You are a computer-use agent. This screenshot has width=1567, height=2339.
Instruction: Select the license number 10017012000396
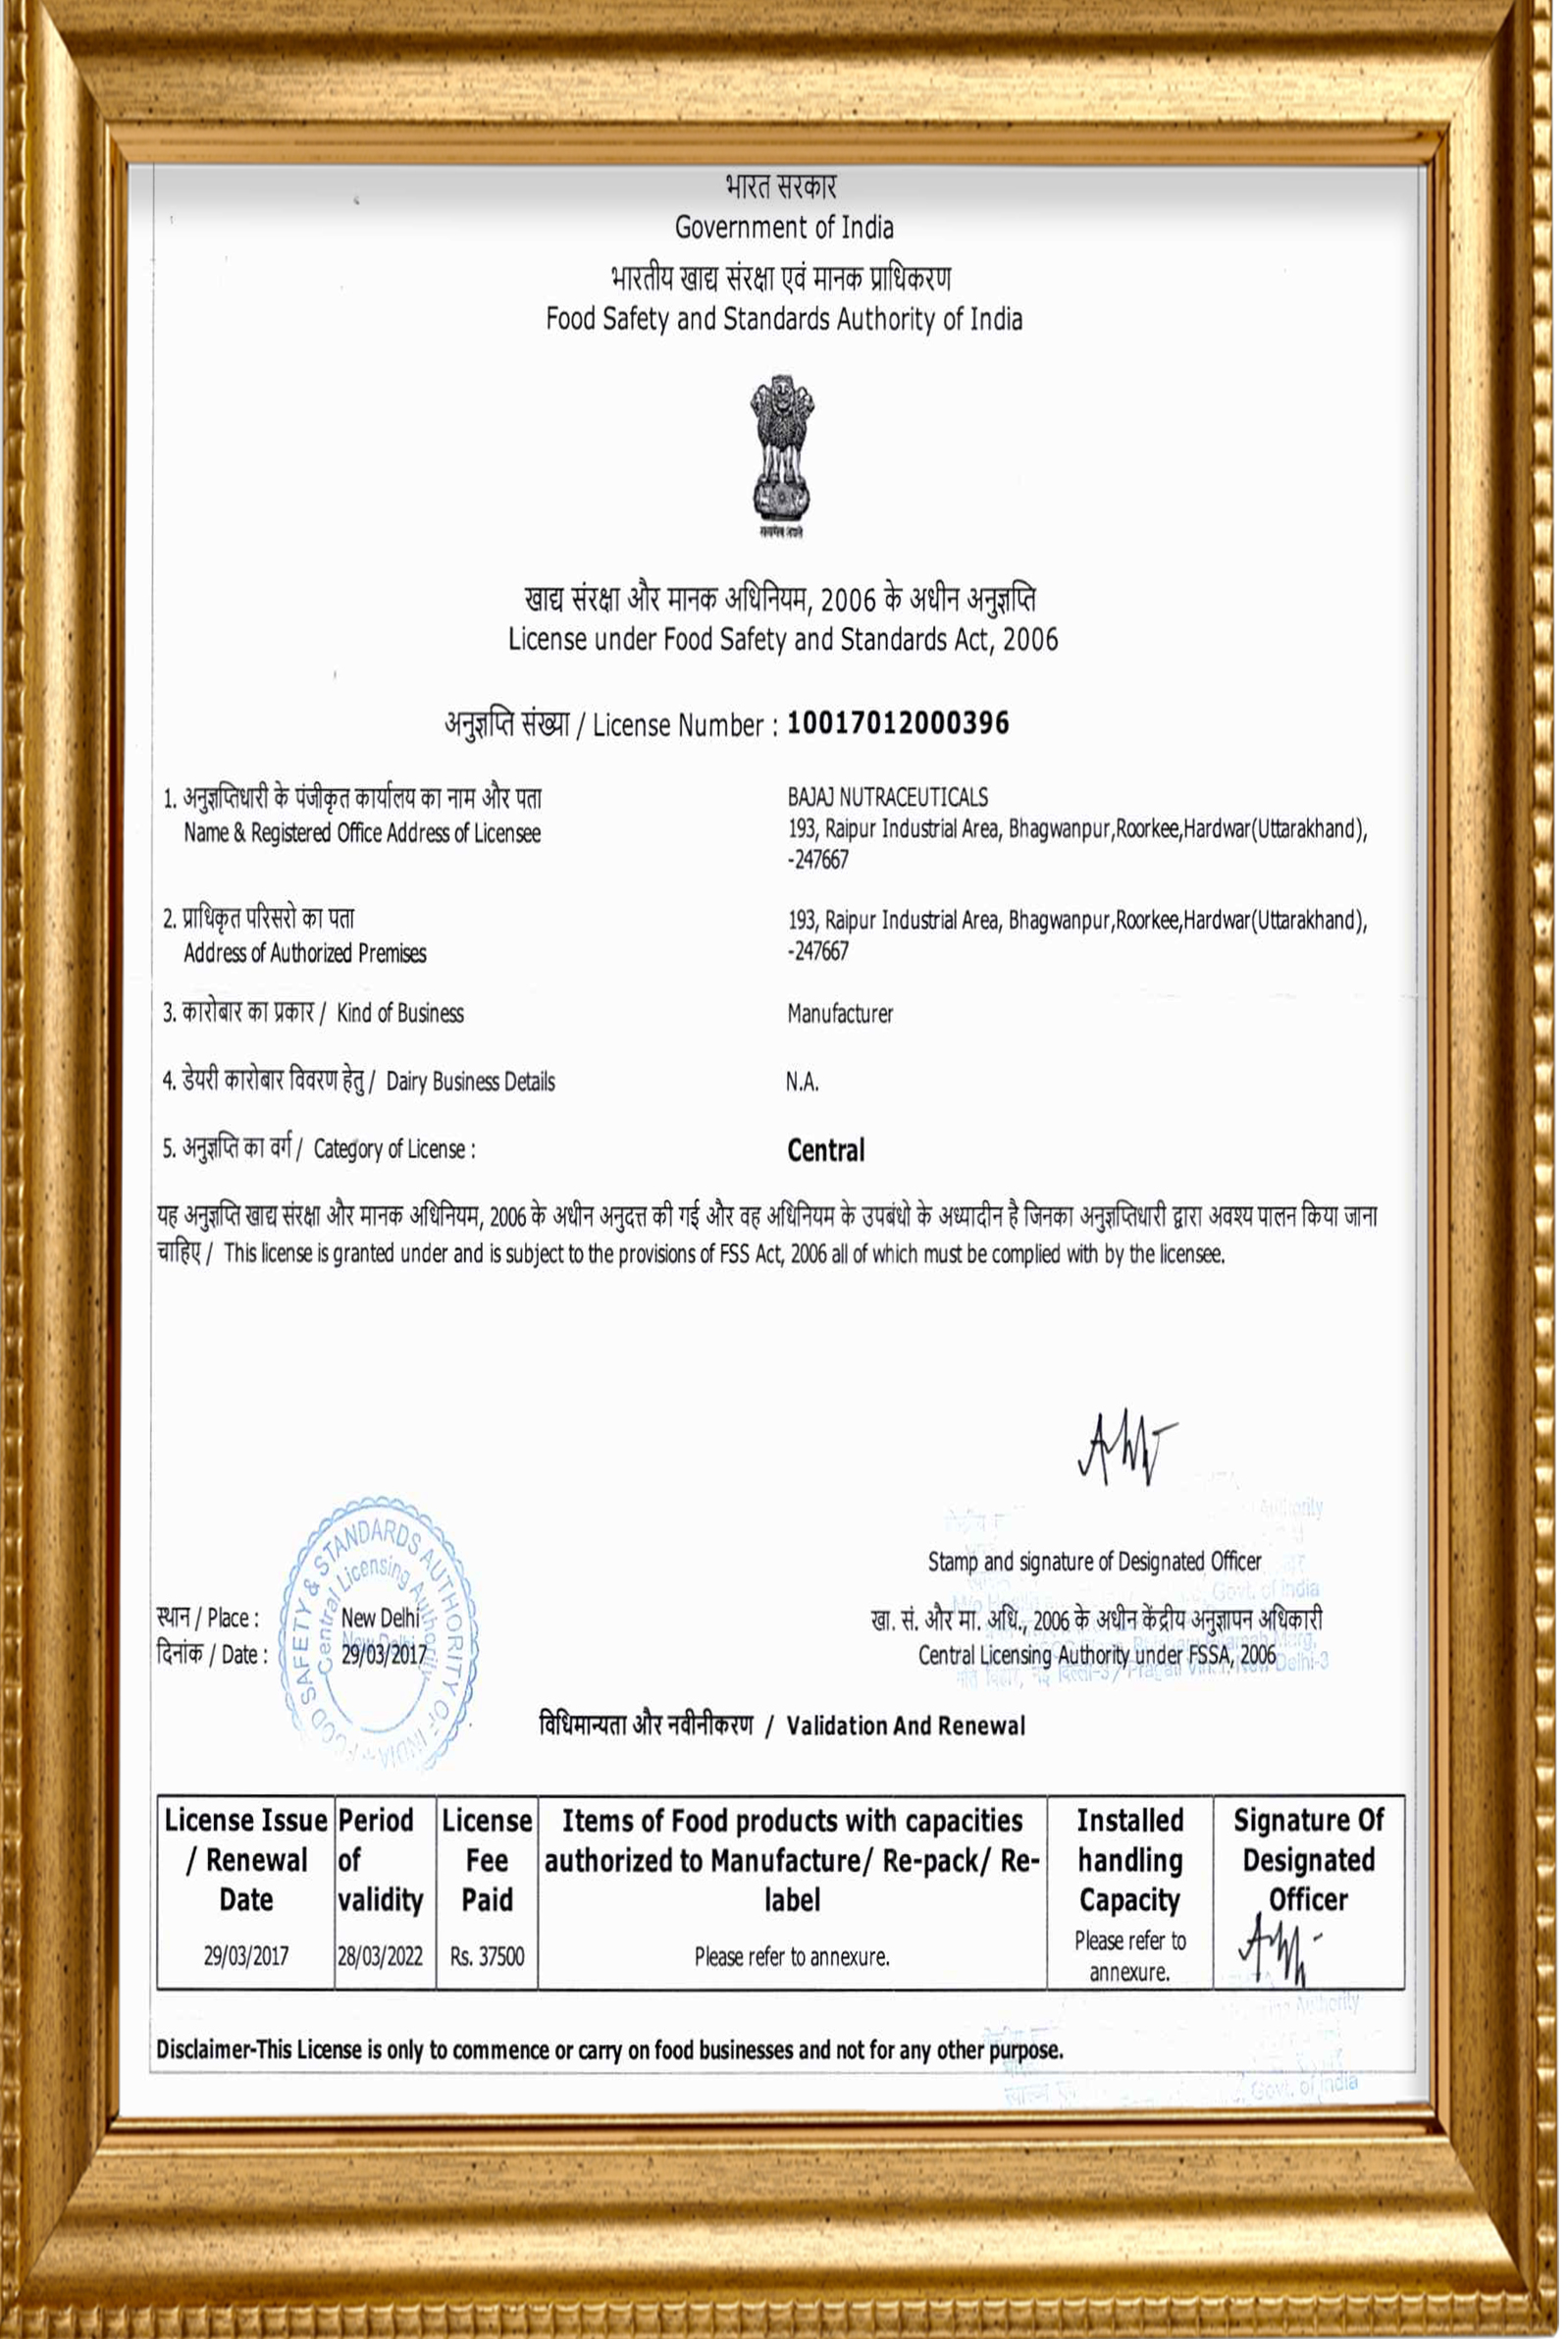tap(898, 723)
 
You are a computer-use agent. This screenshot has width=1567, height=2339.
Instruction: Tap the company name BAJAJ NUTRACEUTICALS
tap(887, 798)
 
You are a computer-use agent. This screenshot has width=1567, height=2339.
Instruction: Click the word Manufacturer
tap(840, 1014)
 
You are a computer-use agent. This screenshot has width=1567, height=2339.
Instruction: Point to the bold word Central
tap(825, 1150)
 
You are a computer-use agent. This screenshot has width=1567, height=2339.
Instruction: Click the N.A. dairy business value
tap(802, 1082)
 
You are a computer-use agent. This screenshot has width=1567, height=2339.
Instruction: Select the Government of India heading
tap(783, 228)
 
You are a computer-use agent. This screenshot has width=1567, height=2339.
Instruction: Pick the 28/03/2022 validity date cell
tap(380, 1956)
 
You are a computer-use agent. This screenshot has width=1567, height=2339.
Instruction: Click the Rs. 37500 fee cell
tap(487, 1956)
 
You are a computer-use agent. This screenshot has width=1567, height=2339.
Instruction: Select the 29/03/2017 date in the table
tap(246, 1956)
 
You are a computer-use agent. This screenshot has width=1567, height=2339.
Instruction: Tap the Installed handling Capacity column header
tap(1129, 1860)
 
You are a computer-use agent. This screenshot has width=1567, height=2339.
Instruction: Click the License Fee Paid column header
tap(487, 1860)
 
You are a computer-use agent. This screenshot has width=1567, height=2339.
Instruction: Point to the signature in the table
tap(1278, 1950)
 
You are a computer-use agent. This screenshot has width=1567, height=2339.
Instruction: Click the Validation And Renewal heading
tap(905, 1727)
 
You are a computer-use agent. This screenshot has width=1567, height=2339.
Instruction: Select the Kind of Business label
tap(399, 1014)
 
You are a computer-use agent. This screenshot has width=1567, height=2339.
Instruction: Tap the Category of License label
tap(393, 1149)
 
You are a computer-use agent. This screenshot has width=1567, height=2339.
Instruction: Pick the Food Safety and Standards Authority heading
tap(783, 320)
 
